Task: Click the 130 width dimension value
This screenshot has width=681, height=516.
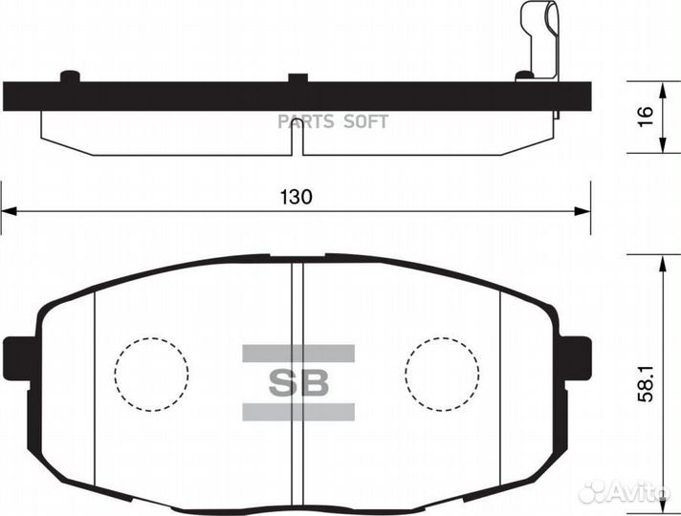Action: [297, 197]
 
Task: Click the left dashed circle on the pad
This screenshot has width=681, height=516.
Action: [151, 375]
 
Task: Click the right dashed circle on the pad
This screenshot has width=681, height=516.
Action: [441, 375]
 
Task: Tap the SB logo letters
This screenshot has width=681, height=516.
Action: [297, 382]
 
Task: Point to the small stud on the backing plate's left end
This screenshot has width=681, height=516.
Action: [69, 76]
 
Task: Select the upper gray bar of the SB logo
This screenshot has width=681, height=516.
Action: [297, 353]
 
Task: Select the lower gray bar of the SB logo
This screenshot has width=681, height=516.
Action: [297, 412]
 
